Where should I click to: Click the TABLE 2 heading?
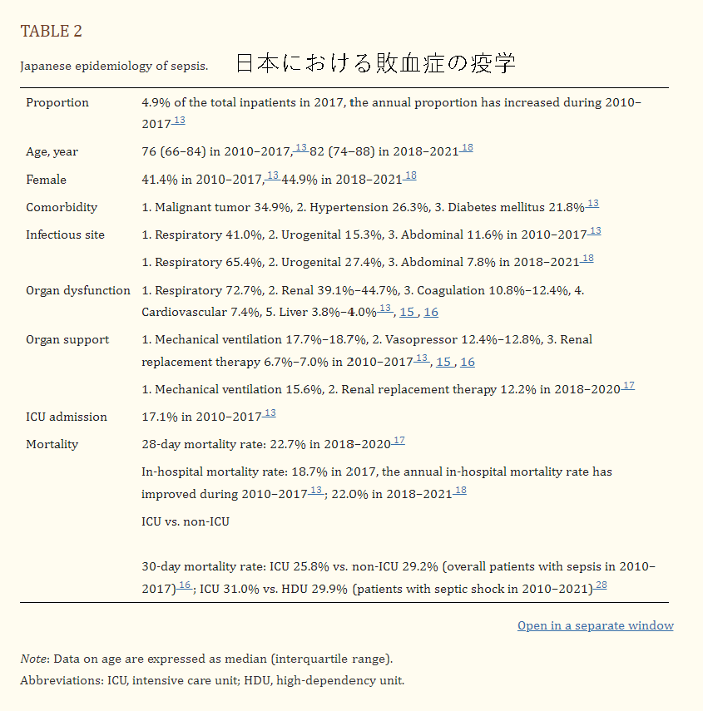(x=51, y=32)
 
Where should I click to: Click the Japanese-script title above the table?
(x=375, y=63)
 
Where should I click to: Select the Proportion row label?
(x=57, y=103)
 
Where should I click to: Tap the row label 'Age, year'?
(x=52, y=152)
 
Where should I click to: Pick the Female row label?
(x=46, y=180)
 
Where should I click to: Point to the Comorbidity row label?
(x=62, y=207)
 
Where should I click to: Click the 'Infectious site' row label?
(x=65, y=235)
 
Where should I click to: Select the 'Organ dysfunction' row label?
(x=77, y=290)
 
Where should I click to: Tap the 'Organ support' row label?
(x=67, y=339)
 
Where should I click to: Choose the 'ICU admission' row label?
(x=67, y=417)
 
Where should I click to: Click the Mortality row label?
(x=52, y=444)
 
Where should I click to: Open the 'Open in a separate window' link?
(x=595, y=625)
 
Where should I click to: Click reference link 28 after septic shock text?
(x=601, y=585)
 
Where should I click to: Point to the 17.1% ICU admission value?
(x=159, y=417)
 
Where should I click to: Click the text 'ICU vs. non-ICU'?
(x=186, y=521)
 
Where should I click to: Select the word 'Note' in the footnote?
(x=33, y=659)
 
